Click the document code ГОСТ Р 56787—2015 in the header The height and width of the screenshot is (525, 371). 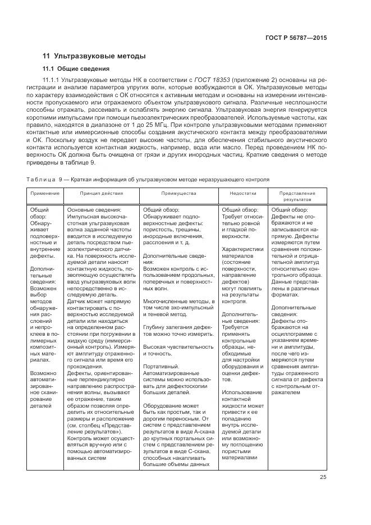click(x=296, y=38)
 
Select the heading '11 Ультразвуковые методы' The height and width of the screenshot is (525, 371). click(x=94, y=56)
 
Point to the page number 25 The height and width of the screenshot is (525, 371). click(x=323, y=477)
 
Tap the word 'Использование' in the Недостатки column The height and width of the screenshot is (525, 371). click(x=242, y=391)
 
